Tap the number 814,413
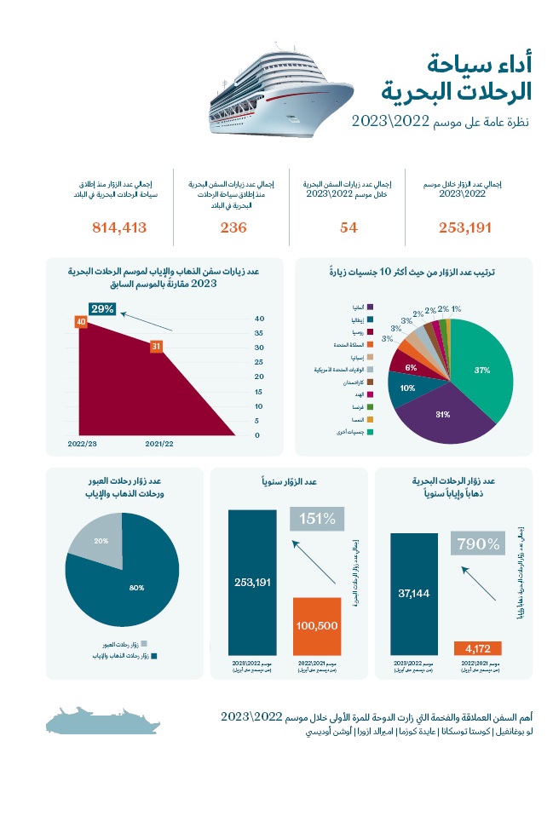coord(118,227)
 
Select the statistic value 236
coord(233,227)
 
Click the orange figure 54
coord(347,227)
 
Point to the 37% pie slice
coord(482,371)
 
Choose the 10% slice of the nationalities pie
coord(407,388)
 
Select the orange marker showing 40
coord(81,322)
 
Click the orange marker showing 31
coord(155,347)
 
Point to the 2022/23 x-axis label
coord(82,444)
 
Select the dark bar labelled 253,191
coord(252,582)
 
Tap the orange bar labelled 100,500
coord(317,625)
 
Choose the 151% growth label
coord(317,518)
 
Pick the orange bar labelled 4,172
coord(482,647)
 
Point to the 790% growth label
coord(479,543)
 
